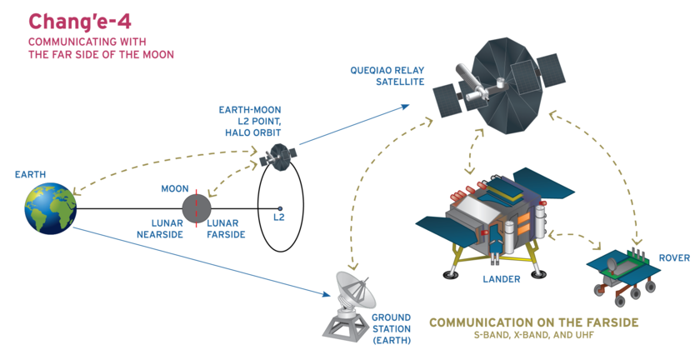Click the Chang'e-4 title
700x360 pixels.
[76, 20]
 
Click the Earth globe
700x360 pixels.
[50, 207]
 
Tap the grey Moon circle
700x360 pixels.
[197, 207]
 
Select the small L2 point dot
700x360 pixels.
[280, 208]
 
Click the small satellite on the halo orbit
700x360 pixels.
[277, 156]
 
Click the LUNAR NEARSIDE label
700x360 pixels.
[160, 229]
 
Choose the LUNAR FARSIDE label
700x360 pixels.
[226, 229]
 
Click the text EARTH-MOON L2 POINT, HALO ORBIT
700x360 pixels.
[249, 121]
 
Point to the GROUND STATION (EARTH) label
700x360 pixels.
[391, 329]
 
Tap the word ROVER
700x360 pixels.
[674, 258]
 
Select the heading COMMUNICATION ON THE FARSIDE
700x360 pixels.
[533, 322]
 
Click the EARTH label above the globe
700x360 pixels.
[31, 175]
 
